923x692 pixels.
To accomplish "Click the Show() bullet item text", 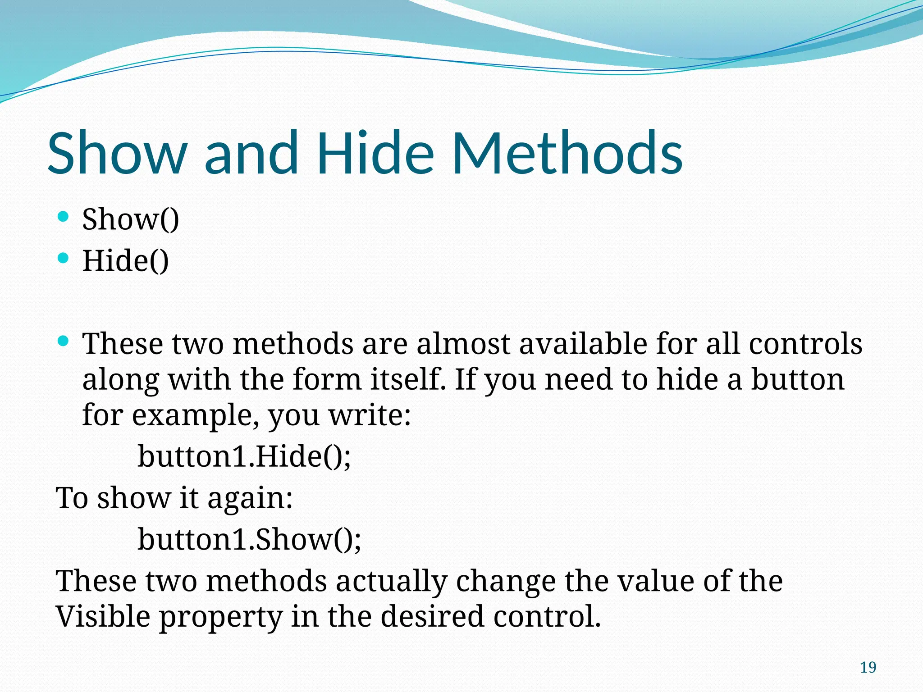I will [131, 219].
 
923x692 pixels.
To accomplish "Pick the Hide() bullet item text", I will [125, 261].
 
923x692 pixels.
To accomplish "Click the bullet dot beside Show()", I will [64, 217].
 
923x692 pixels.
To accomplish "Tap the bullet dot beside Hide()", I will [64, 258].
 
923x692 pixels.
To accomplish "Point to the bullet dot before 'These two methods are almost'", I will [64, 341].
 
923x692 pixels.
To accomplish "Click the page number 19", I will [868, 667].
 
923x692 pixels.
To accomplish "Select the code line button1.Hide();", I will [244, 456].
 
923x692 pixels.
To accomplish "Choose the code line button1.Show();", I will [249, 539].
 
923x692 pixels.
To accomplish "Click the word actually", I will [391, 581].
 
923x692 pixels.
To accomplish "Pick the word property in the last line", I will [221, 617].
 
